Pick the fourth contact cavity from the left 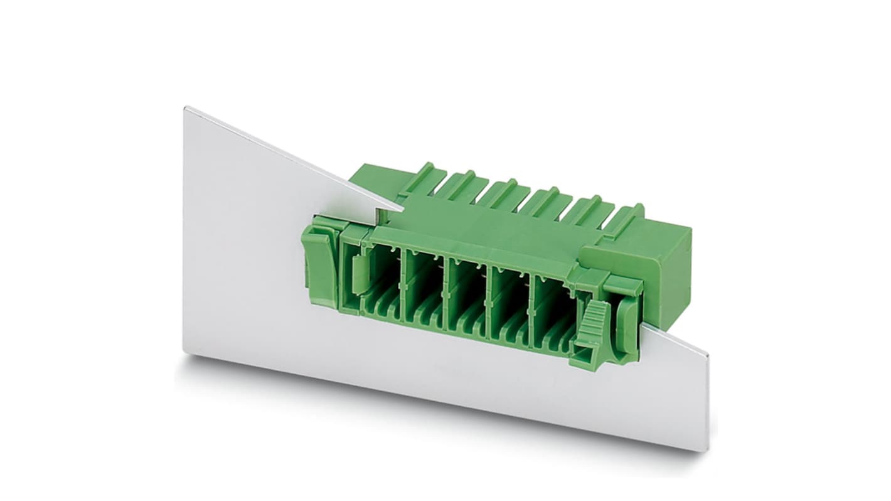(508, 298)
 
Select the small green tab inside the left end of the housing (356, 274)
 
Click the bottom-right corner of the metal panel (707, 450)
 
